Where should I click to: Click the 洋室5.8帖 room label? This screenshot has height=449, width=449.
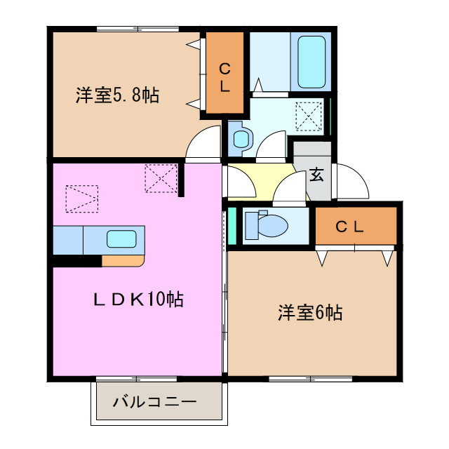[x=117, y=95]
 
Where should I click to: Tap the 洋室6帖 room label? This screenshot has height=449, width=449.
[x=309, y=312]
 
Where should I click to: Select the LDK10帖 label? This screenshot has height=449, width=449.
[x=138, y=300]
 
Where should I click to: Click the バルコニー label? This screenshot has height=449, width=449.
[x=154, y=403]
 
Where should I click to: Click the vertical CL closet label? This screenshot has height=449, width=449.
[x=224, y=78]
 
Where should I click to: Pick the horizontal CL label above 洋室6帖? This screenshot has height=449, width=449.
[x=349, y=227]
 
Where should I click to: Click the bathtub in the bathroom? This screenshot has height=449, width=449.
[x=312, y=62]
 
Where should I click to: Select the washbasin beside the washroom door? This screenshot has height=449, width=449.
[x=241, y=138]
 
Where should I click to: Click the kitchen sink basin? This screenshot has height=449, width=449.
[x=121, y=239]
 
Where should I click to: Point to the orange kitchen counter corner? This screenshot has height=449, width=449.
[x=123, y=260]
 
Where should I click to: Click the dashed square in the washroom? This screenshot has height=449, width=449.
[x=309, y=116]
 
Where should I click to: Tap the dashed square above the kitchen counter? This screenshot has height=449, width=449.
[x=83, y=198]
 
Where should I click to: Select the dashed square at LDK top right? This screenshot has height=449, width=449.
[x=161, y=178]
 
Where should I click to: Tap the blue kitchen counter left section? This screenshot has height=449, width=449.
[x=68, y=240]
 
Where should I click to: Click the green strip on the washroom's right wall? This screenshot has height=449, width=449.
[x=329, y=116]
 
